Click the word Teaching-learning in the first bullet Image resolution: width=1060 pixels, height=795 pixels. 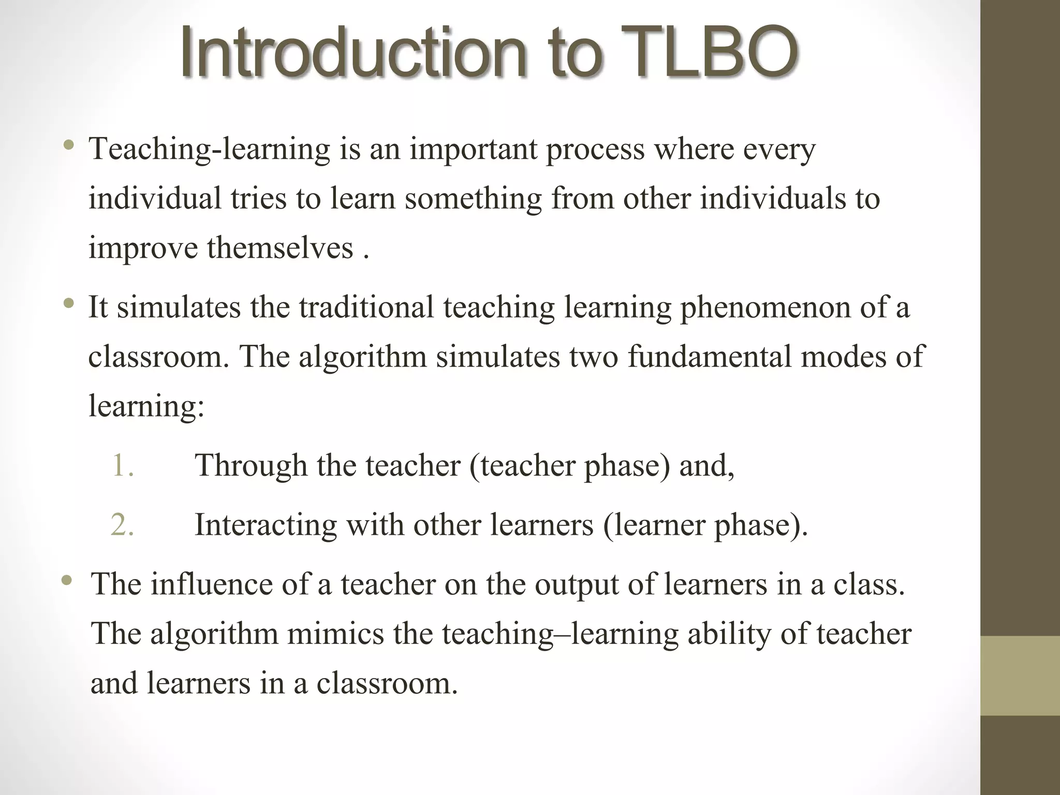[x=209, y=149]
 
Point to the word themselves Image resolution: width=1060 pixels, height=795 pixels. [x=280, y=247]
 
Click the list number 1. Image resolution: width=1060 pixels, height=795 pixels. [x=122, y=465]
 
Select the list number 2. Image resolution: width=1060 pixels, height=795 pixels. [x=122, y=524]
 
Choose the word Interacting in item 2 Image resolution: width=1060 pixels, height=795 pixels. [x=266, y=525]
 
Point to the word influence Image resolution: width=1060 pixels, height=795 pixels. [x=211, y=584]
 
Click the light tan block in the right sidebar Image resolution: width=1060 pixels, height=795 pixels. [x=1020, y=675]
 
